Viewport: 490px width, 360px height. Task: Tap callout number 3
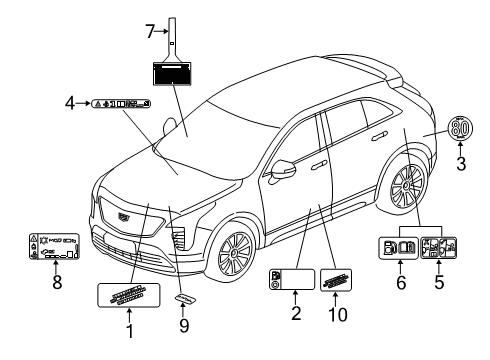pyautogui.click(x=461, y=165)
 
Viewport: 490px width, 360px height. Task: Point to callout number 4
pyautogui.click(x=69, y=102)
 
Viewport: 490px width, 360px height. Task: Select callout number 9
pyautogui.click(x=184, y=325)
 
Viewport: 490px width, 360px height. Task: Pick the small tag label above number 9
pyautogui.click(x=184, y=299)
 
